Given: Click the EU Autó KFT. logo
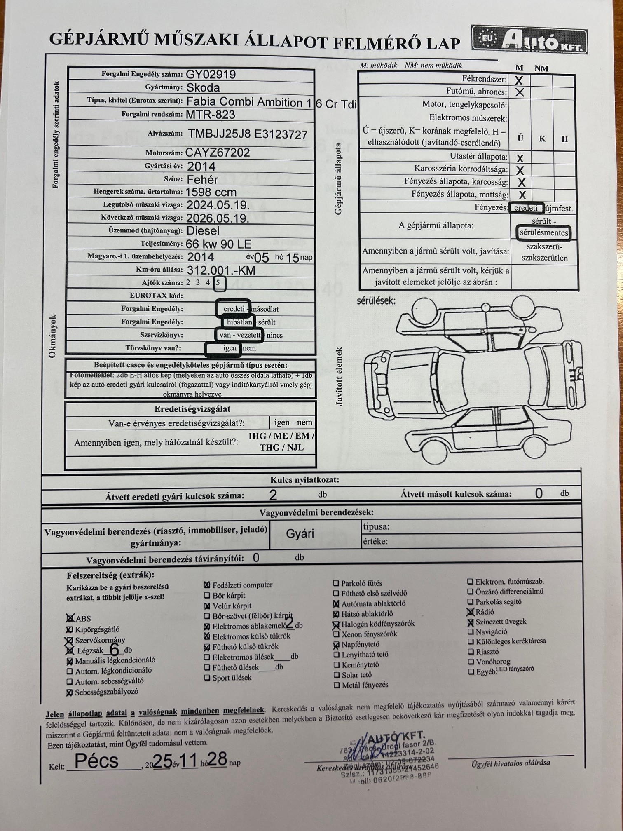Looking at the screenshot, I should point(529,40).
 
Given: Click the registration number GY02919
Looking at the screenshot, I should point(211,74).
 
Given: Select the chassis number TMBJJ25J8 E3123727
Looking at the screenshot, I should point(248,134).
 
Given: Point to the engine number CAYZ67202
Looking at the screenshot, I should point(217,153).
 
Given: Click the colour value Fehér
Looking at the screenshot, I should point(202,180).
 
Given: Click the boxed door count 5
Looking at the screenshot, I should point(219,283).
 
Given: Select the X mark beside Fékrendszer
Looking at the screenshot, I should point(519,80).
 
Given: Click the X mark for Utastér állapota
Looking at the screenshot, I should point(520,158).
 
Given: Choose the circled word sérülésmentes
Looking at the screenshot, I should point(543,233).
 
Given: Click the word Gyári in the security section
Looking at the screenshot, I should point(300,534).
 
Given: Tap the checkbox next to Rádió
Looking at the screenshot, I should point(470,612).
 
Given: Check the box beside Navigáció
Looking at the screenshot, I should point(470,632).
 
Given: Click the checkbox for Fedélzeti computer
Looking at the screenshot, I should point(207,585).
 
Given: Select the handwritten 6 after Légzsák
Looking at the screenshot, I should point(115,650).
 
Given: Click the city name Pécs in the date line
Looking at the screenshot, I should point(96,761).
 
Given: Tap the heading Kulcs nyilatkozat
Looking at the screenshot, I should point(304,480).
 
